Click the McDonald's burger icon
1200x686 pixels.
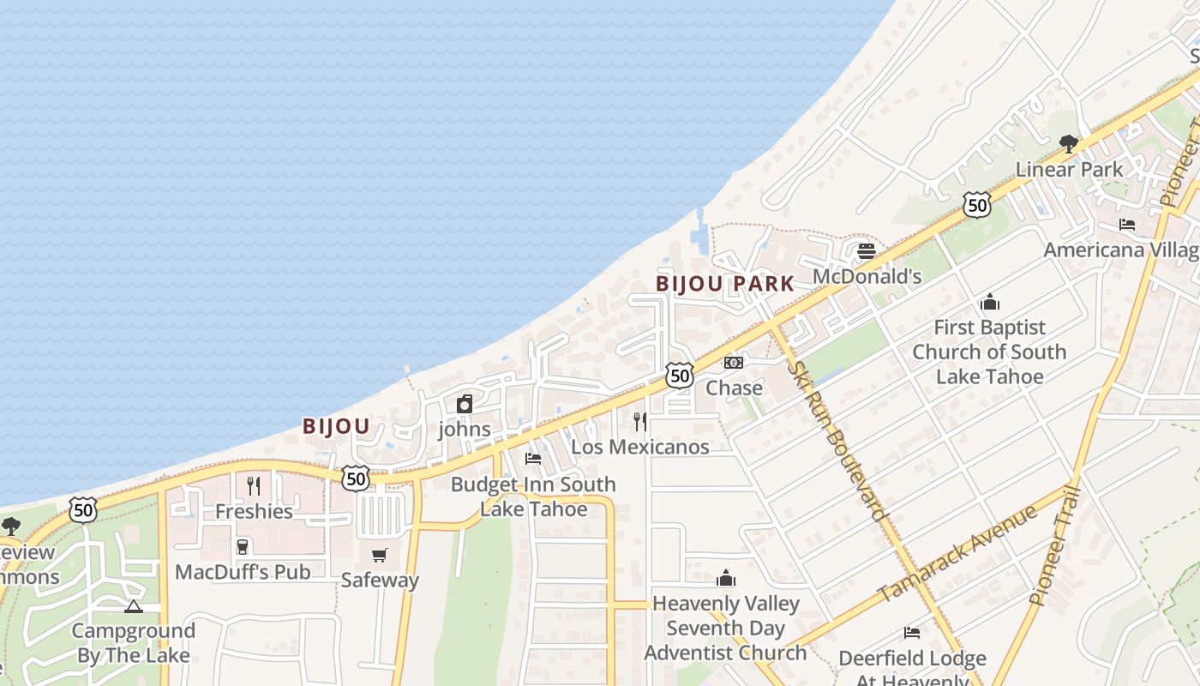(x=866, y=251)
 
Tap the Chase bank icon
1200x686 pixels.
(x=734, y=363)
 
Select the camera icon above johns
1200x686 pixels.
(x=465, y=404)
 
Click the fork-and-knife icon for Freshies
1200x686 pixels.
(x=254, y=486)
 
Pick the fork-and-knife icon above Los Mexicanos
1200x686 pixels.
(x=640, y=422)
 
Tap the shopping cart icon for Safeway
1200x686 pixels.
(x=380, y=555)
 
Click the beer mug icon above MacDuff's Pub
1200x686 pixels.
(x=243, y=547)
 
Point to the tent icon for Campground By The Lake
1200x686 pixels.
(x=133, y=607)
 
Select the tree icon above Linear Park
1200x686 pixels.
(x=1068, y=144)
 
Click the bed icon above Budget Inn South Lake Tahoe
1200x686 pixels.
(x=533, y=459)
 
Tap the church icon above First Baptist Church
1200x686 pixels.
(x=990, y=303)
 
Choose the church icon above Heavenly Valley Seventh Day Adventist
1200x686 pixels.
(x=726, y=578)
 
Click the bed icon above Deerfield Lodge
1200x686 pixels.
(x=912, y=633)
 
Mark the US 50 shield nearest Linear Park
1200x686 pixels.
(x=976, y=204)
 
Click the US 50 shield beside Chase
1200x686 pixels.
(x=679, y=375)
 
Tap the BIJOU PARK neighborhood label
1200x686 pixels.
(x=725, y=284)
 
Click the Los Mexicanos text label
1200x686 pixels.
(x=640, y=447)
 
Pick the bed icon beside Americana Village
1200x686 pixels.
(x=1127, y=225)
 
